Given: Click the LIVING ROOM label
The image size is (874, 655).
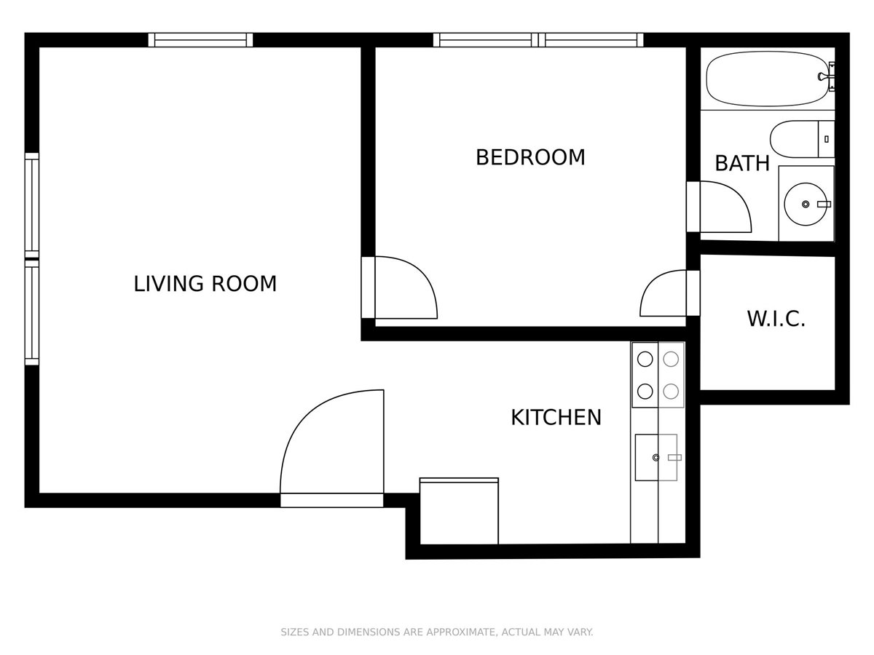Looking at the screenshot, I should click(x=205, y=283).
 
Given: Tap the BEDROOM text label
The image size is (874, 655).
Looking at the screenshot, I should click(x=529, y=157).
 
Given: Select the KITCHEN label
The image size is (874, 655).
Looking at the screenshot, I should click(x=556, y=417).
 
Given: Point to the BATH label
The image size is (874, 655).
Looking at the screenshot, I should click(x=741, y=163).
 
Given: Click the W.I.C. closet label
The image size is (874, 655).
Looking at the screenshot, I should click(x=776, y=319).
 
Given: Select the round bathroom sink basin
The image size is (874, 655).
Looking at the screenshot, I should click(x=806, y=204).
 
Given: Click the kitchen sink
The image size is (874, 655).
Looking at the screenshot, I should click(x=655, y=457).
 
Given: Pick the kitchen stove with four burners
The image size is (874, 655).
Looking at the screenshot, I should click(x=658, y=375).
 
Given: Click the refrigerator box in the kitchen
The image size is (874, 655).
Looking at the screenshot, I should click(x=459, y=511).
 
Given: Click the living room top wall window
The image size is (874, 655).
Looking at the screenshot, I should click(x=200, y=40).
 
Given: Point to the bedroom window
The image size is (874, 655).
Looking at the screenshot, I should click(x=538, y=40).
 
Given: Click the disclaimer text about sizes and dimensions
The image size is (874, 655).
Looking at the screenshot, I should click(x=437, y=632).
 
